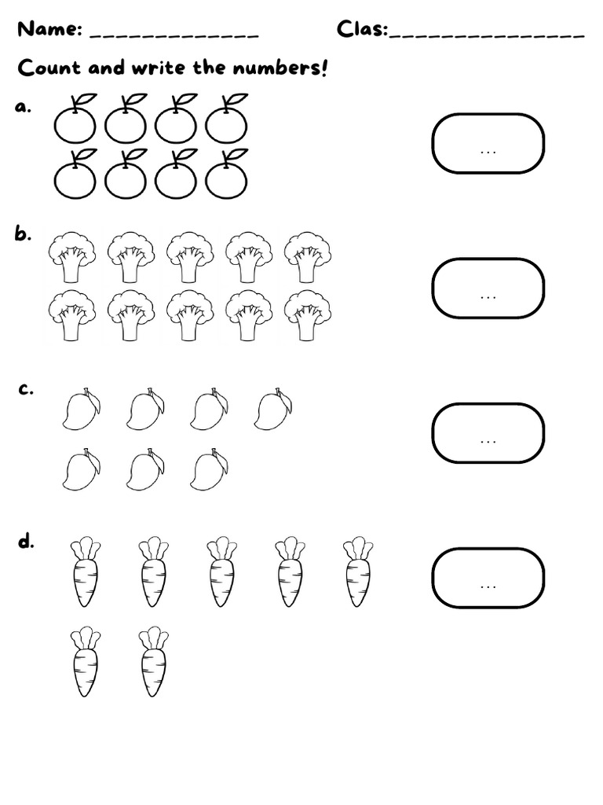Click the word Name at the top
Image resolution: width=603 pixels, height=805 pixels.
pyautogui.click(x=49, y=30)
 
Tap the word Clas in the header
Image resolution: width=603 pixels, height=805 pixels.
pyautogui.click(x=362, y=30)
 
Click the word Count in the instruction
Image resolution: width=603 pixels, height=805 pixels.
pyautogui.click(x=49, y=68)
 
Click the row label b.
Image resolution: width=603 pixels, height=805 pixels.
pyautogui.click(x=23, y=233)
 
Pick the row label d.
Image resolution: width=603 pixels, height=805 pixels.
pyautogui.click(x=26, y=541)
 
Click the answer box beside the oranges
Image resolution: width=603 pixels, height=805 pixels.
pyautogui.click(x=488, y=143)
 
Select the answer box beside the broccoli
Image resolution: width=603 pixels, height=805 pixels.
pyautogui.click(x=488, y=288)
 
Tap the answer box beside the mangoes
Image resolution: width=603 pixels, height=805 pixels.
pyautogui.click(x=488, y=432)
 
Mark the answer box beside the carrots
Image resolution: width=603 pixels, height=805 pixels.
pyautogui.click(x=488, y=578)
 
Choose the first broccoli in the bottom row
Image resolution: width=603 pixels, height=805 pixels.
pyautogui.click(x=72, y=314)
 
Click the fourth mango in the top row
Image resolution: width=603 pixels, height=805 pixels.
pyautogui.click(x=273, y=410)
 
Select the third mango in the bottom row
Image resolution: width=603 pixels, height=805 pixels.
pyautogui.click(x=209, y=470)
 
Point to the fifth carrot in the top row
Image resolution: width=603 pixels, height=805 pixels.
pyautogui.click(x=359, y=572)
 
